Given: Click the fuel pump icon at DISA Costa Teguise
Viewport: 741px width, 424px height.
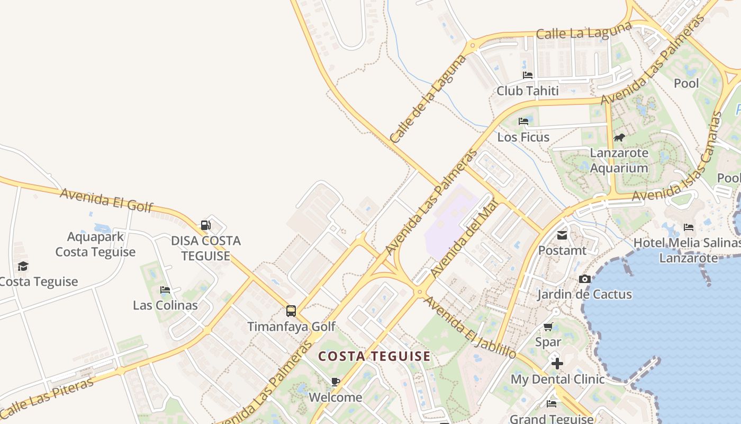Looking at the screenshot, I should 205,225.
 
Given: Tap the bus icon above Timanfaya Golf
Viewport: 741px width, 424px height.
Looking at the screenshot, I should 291,311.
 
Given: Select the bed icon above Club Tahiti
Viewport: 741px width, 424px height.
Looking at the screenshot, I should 527,75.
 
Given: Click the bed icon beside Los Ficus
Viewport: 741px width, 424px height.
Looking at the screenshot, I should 523,121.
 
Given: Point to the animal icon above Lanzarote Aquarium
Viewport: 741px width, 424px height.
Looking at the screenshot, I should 619,138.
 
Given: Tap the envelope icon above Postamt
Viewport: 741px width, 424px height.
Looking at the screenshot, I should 562,235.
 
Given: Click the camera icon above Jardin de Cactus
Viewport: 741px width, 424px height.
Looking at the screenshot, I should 584,279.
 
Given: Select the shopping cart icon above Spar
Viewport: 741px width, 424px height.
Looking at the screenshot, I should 548,327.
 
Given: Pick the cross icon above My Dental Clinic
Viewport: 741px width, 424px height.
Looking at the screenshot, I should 557,364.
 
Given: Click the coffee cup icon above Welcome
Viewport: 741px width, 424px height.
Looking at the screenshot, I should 335,382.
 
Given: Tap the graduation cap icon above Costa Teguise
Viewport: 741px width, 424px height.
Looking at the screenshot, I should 23,266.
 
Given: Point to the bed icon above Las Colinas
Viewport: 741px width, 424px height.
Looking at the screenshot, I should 165,290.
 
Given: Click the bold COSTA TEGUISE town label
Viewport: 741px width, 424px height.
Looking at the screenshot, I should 374,356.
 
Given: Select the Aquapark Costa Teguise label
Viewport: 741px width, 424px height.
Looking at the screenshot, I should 95,244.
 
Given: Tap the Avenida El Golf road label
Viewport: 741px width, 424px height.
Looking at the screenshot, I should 106,199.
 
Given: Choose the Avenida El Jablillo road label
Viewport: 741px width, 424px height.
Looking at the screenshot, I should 470,327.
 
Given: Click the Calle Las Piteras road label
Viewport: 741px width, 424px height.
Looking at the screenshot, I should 48,397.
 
